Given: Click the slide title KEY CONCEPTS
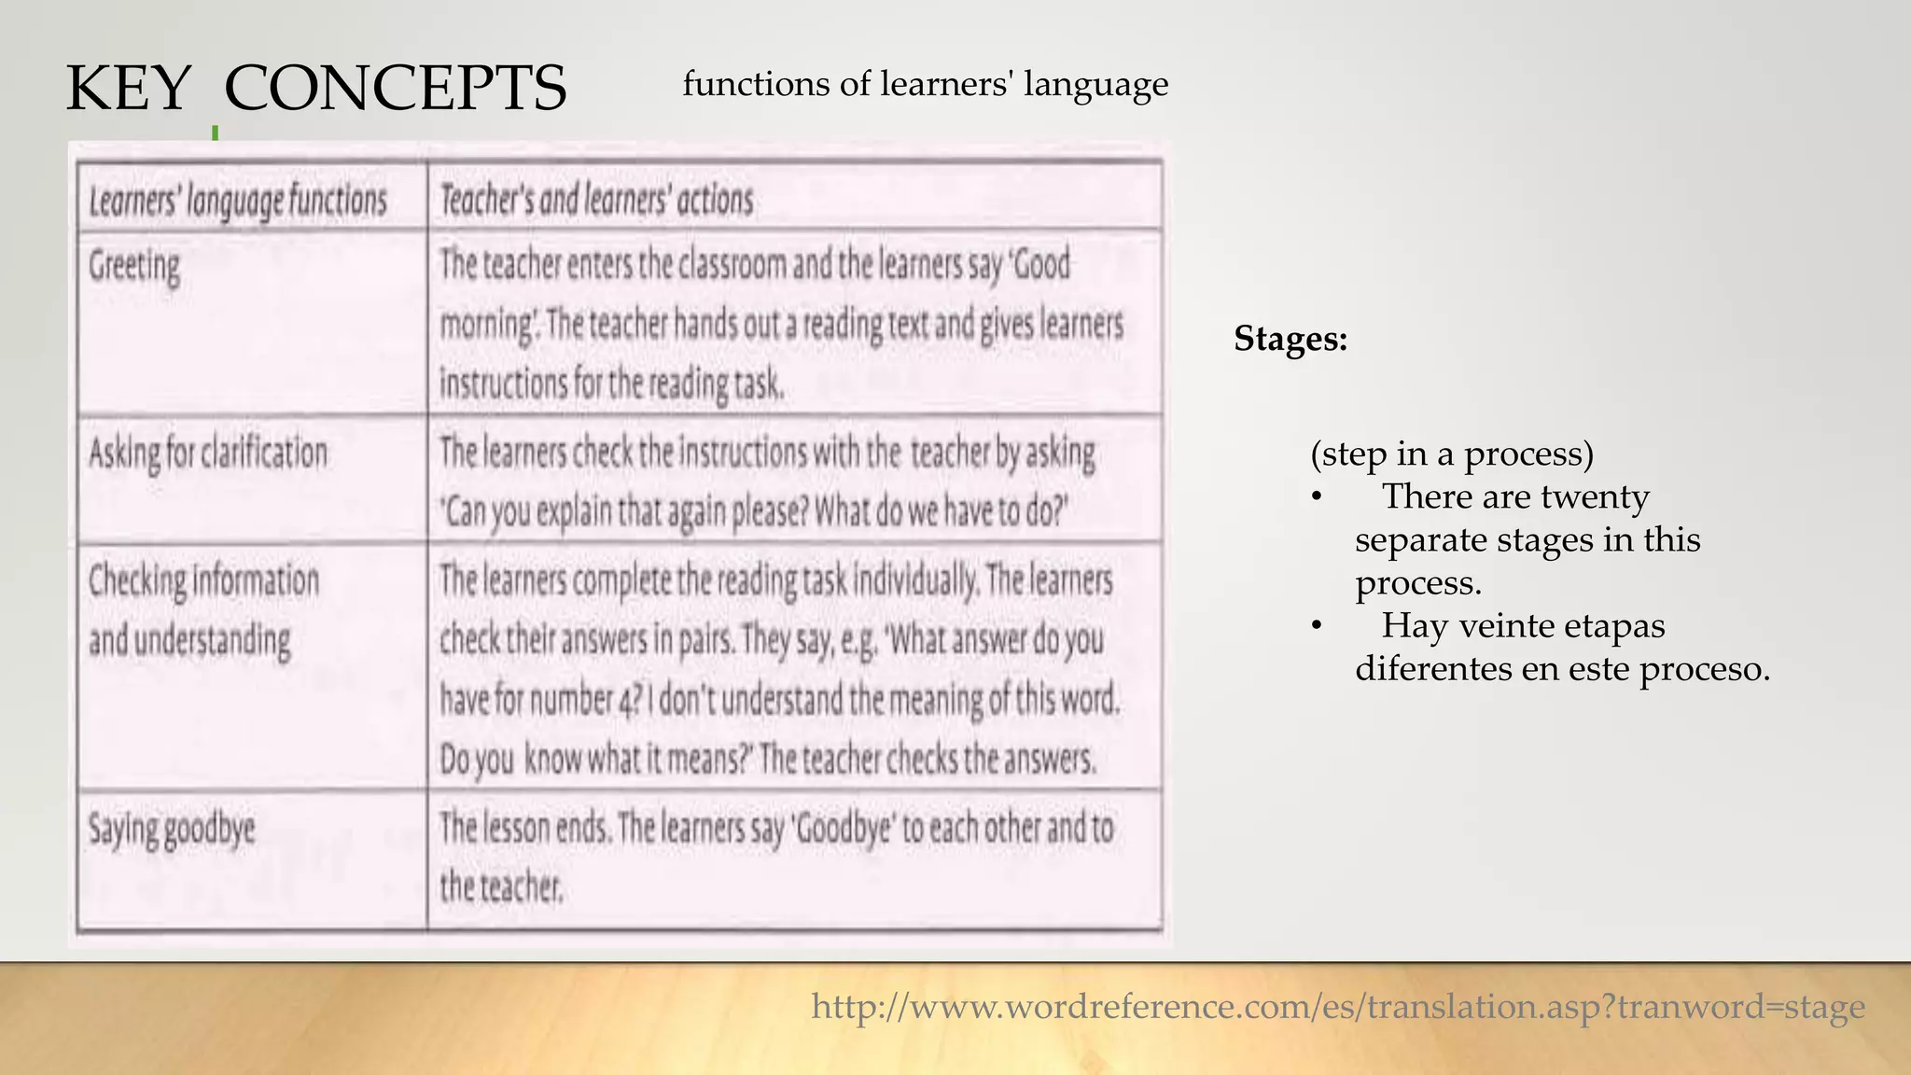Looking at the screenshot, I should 315,89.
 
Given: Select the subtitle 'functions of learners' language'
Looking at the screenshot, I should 925,84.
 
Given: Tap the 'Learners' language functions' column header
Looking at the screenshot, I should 237,201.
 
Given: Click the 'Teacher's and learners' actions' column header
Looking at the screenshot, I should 596,200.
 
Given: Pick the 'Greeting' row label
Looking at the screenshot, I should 134,267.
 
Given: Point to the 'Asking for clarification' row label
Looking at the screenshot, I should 208,454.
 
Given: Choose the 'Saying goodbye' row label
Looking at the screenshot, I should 172,829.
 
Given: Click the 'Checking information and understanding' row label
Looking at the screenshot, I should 203,610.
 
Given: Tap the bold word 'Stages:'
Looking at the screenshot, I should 1290,338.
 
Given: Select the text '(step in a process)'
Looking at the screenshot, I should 1452,454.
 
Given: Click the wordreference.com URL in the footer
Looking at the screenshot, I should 1338,1006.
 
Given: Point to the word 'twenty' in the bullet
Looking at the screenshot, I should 1595,496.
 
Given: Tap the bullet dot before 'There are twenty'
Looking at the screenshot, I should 1317,497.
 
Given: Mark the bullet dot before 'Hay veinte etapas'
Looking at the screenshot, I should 1317,626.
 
